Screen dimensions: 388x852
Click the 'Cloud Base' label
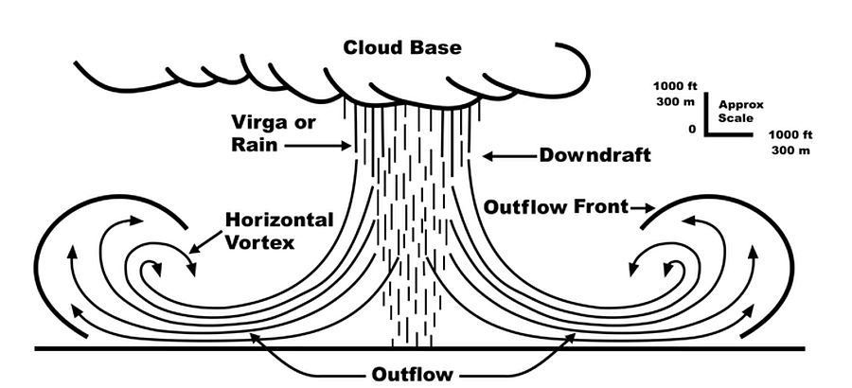pos(402,46)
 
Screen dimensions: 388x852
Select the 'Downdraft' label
pos(595,155)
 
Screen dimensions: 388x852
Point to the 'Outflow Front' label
pos(556,206)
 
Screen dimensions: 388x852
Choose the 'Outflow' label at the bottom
pos(413,374)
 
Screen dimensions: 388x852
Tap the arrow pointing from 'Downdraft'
pos(507,154)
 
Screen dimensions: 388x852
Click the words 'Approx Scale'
pos(740,112)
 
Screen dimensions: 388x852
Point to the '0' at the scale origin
pos(692,129)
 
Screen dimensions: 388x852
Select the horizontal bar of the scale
pos(730,133)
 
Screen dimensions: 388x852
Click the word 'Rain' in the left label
pos(251,146)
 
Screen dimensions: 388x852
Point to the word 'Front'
pos(600,206)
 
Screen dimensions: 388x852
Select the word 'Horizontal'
pos(279,220)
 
